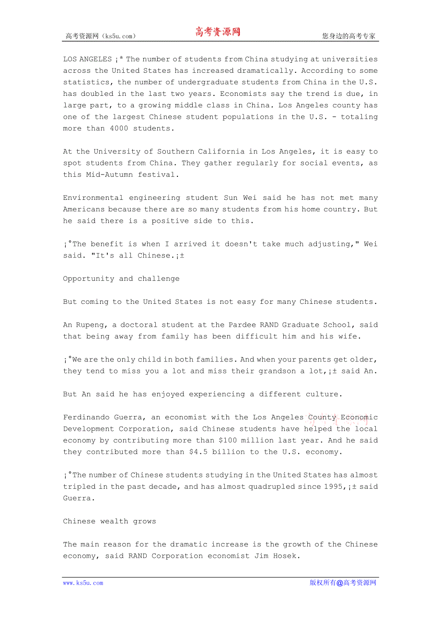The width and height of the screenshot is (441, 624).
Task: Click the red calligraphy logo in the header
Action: (217, 32)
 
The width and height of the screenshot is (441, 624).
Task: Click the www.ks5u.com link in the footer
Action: (83, 583)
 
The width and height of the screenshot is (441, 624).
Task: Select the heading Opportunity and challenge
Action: (121, 278)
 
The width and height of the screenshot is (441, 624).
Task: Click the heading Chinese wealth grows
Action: (109, 521)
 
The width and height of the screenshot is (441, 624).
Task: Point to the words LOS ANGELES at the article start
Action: (87, 59)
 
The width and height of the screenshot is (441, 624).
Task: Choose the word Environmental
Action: (93, 198)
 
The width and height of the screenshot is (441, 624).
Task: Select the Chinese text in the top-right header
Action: (349, 36)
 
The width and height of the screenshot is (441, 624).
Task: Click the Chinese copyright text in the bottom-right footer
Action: (343, 583)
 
